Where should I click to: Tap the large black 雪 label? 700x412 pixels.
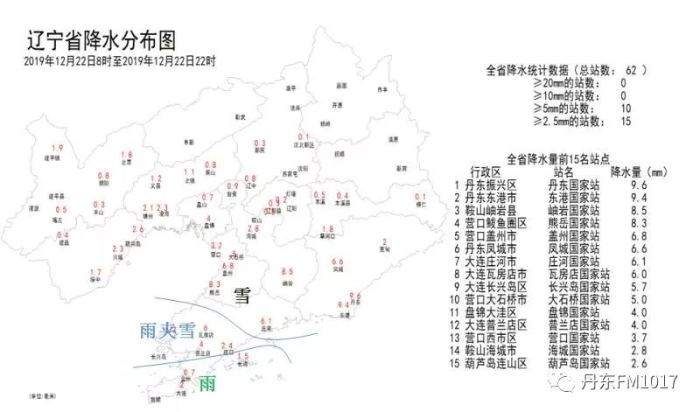click(242, 296)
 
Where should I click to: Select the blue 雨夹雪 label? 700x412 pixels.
click(168, 331)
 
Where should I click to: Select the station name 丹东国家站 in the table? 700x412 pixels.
click(572, 185)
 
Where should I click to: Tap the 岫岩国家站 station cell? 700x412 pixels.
click(572, 211)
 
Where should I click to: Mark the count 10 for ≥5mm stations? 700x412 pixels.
click(624, 108)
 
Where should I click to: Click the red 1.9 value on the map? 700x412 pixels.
click(58, 148)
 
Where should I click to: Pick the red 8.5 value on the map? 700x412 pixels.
click(287, 271)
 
